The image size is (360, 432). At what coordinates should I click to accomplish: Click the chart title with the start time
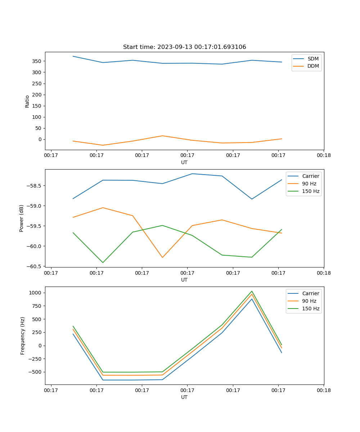tap(184, 47)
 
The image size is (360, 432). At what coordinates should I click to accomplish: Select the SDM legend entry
tap(313, 59)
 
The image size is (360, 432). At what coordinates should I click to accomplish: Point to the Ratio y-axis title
tap(27, 101)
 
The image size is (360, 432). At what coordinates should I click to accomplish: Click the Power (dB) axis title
tap(22, 218)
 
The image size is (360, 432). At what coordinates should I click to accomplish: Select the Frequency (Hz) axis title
tap(23, 336)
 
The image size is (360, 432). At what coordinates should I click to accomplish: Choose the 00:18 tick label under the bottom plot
tap(324, 390)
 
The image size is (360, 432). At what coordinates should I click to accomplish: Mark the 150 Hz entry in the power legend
tap(311, 191)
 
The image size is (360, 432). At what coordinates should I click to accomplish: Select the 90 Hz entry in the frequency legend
tap(309, 301)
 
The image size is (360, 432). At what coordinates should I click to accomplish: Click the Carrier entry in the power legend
tap(311, 176)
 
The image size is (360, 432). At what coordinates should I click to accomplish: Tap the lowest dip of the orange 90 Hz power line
tap(162, 257)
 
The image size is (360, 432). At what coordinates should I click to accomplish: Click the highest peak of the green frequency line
tap(252, 291)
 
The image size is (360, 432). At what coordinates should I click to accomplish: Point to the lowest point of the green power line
tap(103, 262)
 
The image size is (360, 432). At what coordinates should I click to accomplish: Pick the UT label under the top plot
tap(184, 162)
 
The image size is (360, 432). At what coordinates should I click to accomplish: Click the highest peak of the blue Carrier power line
tap(192, 174)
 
